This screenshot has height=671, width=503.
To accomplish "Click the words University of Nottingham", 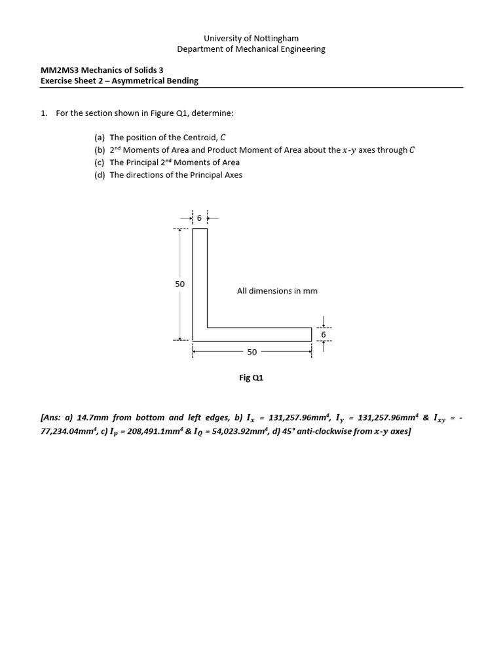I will coord(251,39).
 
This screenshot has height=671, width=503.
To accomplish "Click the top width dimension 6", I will coord(199,218).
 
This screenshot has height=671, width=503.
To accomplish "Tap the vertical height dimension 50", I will coord(179,284).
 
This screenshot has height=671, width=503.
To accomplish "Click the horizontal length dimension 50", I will coord(252,353).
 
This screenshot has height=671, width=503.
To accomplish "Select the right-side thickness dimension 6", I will coord(323,335).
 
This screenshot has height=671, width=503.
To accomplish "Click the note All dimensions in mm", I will coord(277,291).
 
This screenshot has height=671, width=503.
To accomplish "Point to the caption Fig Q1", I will coord(251,378).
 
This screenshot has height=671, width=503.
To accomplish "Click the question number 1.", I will coord(43,113).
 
